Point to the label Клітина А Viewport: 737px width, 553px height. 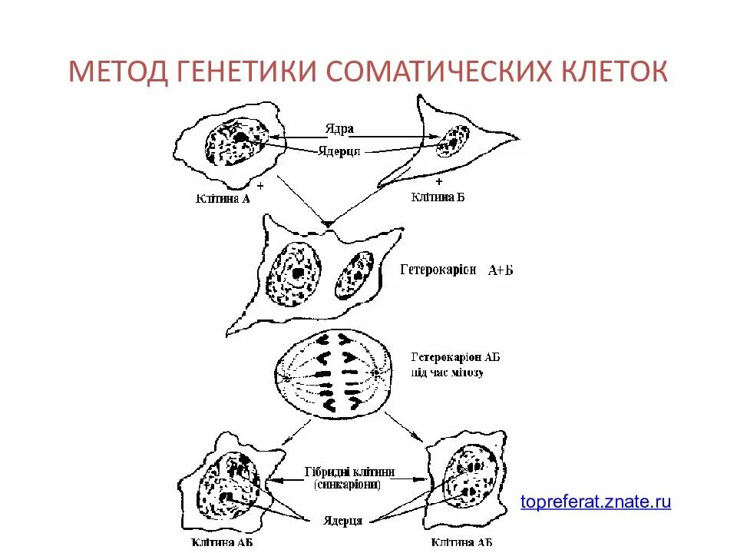(223, 199)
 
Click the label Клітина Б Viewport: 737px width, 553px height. (438, 197)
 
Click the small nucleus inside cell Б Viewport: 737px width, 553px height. (453, 142)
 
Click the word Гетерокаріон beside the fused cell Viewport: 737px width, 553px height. (438, 270)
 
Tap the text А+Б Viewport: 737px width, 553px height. (501, 271)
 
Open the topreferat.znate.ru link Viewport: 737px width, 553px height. (596, 502)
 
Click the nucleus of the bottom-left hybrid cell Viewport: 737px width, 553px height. (229, 484)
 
